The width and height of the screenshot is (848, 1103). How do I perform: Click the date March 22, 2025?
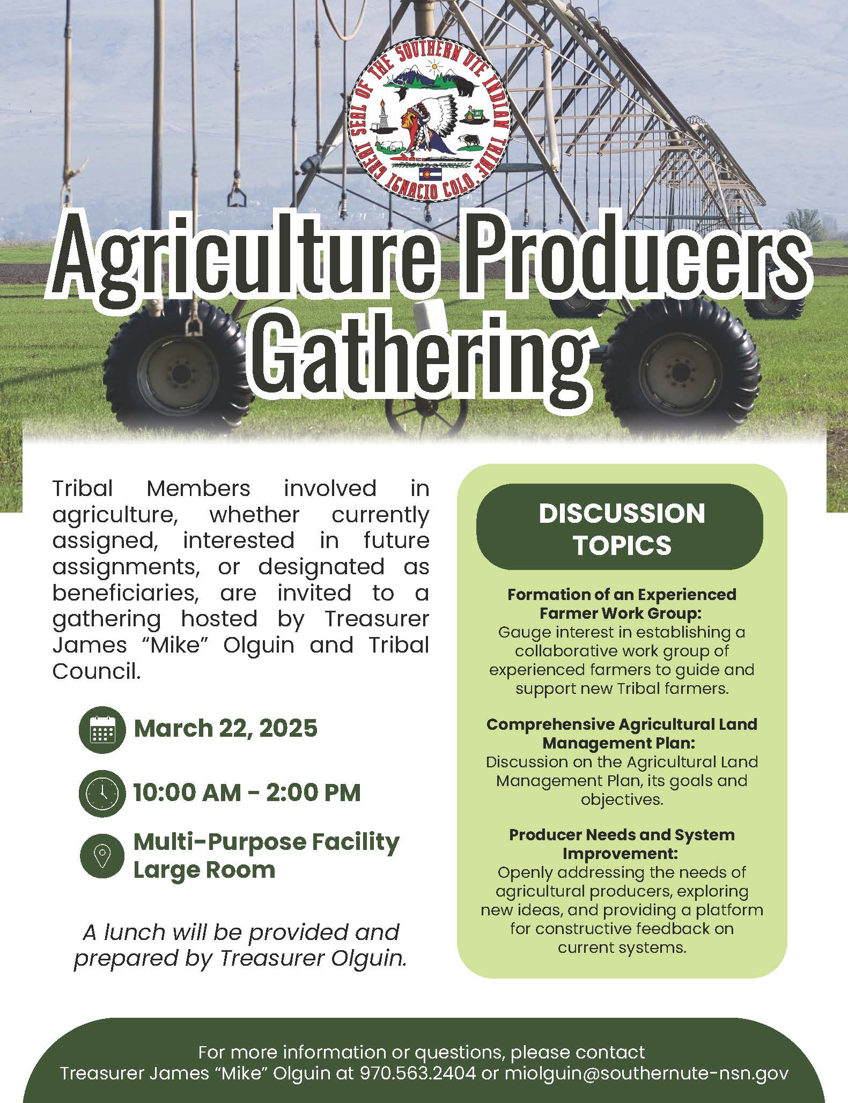point(225,729)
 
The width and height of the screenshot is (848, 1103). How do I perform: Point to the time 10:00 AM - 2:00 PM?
point(247,793)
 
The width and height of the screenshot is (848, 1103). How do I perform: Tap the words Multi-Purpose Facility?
point(266,841)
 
